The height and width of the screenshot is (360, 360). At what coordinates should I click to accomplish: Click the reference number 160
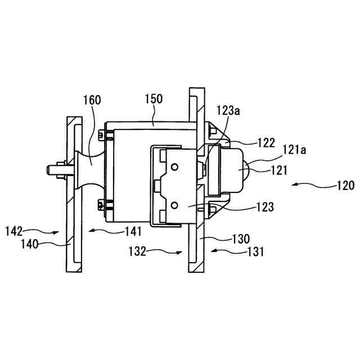click(x=92, y=100)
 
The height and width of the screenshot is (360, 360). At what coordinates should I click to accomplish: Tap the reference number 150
click(x=154, y=99)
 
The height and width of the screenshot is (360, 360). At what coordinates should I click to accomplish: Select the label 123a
click(x=228, y=111)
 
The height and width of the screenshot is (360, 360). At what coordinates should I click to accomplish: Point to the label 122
click(x=266, y=143)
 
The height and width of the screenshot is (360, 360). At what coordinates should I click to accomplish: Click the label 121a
click(x=294, y=150)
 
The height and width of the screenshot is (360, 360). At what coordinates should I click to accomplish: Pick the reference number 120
click(x=346, y=186)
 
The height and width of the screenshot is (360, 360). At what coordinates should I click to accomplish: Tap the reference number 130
click(x=241, y=239)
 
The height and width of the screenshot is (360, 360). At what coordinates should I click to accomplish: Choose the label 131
click(x=255, y=251)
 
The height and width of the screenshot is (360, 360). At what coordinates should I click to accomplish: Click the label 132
click(x=137, y=251)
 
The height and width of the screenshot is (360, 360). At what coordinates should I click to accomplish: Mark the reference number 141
click(x=133, y=231)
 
